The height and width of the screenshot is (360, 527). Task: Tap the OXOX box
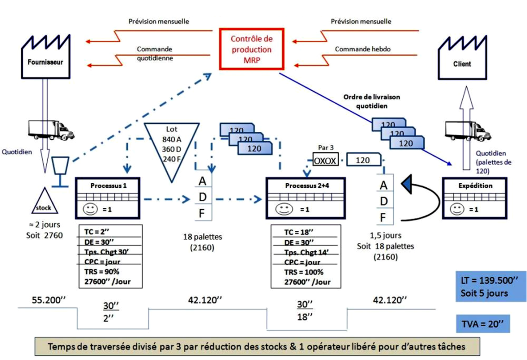tap(326, 161)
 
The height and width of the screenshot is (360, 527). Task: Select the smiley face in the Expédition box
tap(458, 209)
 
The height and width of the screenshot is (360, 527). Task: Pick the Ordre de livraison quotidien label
tap(372, 101)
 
